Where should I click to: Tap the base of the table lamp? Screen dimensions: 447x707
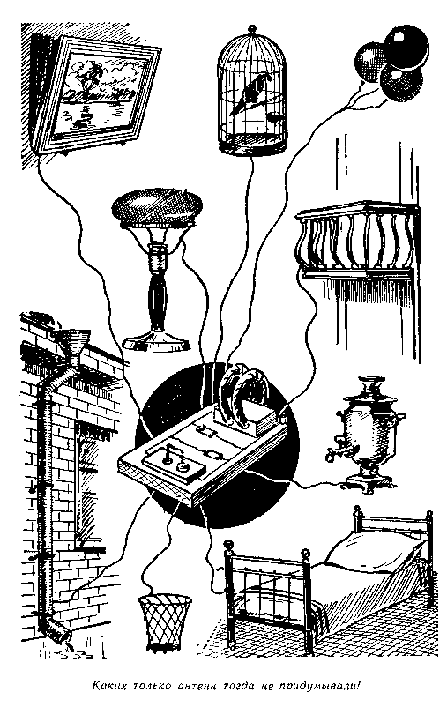[155, 340]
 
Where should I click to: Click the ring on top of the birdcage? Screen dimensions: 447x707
[252, 29]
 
